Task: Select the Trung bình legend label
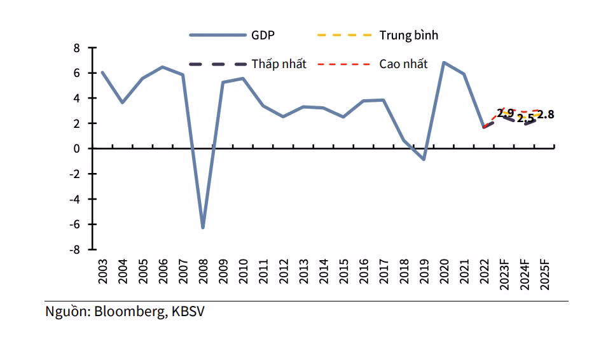(408, 35)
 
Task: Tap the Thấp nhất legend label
(279, 64)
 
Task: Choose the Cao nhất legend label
(403, 64)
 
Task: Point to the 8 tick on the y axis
(76, 48)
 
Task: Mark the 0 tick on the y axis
(76, 148)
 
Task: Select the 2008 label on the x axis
(203, 273)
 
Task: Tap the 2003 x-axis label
(102, 273)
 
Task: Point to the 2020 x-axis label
(445, 273)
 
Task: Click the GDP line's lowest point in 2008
(203, 227)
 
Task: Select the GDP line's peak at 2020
(444, 62)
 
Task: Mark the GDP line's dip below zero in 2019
(424, 159)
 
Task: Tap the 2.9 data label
(505, 114)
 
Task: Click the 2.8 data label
(546, 115)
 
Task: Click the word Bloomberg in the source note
(127, 312)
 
